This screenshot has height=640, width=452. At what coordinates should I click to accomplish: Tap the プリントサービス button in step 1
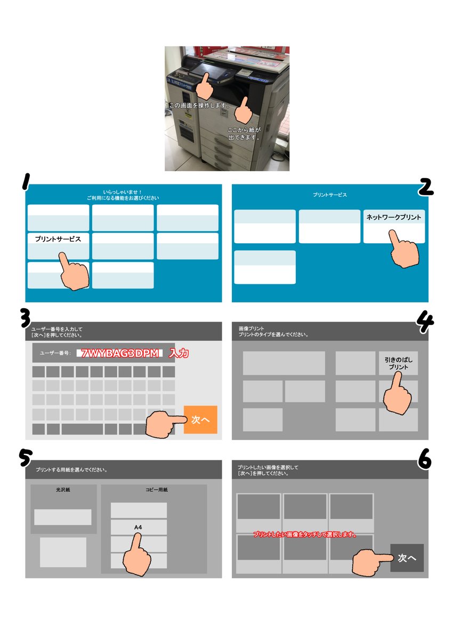pyautogui.click(x=58, y=246)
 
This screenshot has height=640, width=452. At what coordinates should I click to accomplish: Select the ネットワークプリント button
pyautogui.click(x=394, y=226)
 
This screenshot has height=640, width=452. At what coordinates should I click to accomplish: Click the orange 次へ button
pyautogui.click(x=200, y=419)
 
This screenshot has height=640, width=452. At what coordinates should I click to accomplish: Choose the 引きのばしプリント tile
pyautogui.click(x=398, y=363)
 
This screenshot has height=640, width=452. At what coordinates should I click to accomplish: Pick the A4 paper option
pyautogui.click(x=139, y=527)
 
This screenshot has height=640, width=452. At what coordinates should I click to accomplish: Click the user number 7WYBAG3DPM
pyautogui.click(x=119, y=354)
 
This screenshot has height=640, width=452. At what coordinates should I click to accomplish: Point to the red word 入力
pyautogui.click(x=179, y=354)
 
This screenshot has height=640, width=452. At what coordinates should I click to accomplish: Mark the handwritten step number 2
pyautogui.click(x=425, y=187)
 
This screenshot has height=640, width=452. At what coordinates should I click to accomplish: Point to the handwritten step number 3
pyautogui.click(x=26, y=319)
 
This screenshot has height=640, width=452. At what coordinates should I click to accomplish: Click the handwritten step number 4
pyautogui.click(x=425, y=322)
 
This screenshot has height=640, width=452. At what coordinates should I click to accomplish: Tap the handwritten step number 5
pyautogui.click(x=25, y=458)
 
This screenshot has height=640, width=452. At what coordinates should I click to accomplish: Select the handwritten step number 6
pyautogui.click(x=424, y=459)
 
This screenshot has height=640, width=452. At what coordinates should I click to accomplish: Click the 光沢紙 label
pyautogui.click(x=63, y=490)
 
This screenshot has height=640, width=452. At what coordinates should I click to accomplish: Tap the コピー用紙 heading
pyautogui.click(x=157, y=490)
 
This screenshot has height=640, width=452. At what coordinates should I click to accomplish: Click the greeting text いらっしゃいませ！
pyautogui.click(x=123, y=192)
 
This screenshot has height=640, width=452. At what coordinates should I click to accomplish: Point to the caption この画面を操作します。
pyautogui.click(x=199, y=106)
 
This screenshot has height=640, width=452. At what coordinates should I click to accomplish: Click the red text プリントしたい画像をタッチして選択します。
pyautogui.click(x=305, y=534)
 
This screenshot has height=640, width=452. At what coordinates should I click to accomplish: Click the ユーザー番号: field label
pyautogui.click(x=55, y=353)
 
